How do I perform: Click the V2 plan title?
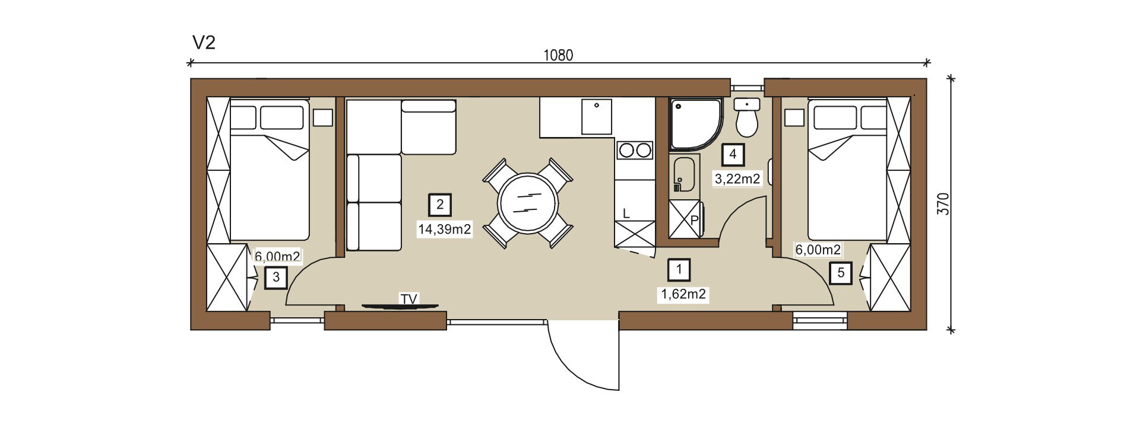tap(204, 43)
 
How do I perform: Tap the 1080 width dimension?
tap(559, 55)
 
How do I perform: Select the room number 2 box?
tap(440, 205)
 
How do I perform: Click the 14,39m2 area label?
tap(445, 229)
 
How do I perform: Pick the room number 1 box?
tap(679, 270)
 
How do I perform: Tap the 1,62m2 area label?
tap(683, 294)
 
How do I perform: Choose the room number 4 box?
tap(733, 154)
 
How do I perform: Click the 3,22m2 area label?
tap(737, 179)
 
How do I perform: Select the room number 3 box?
tap(276, 278)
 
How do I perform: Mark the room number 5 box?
tap(841, 273)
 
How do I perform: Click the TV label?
tap(409, 299)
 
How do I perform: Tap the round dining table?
tap(528, 203)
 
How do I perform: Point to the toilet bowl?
tap(746, 123)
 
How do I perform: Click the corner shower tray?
tap(696, 124)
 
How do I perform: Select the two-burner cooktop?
tap(635, 150)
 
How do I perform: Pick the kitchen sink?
tap(597, 117)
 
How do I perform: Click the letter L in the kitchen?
tap(626, 214)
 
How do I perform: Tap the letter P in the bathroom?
tap(694, 220)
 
